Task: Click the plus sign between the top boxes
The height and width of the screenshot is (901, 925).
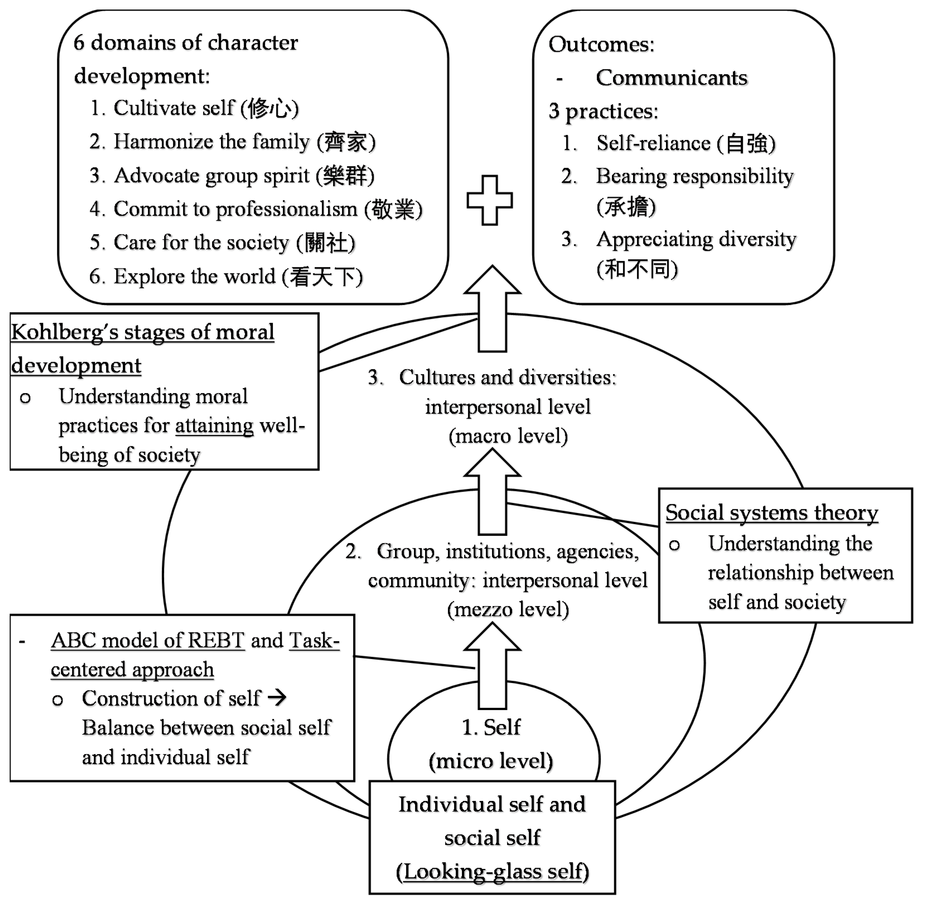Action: coord(490,200)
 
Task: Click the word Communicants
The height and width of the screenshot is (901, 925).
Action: coord(671,77)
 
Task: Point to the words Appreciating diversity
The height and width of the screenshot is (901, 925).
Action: coord(696,239)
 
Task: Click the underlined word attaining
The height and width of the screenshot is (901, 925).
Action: coord(214,426)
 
